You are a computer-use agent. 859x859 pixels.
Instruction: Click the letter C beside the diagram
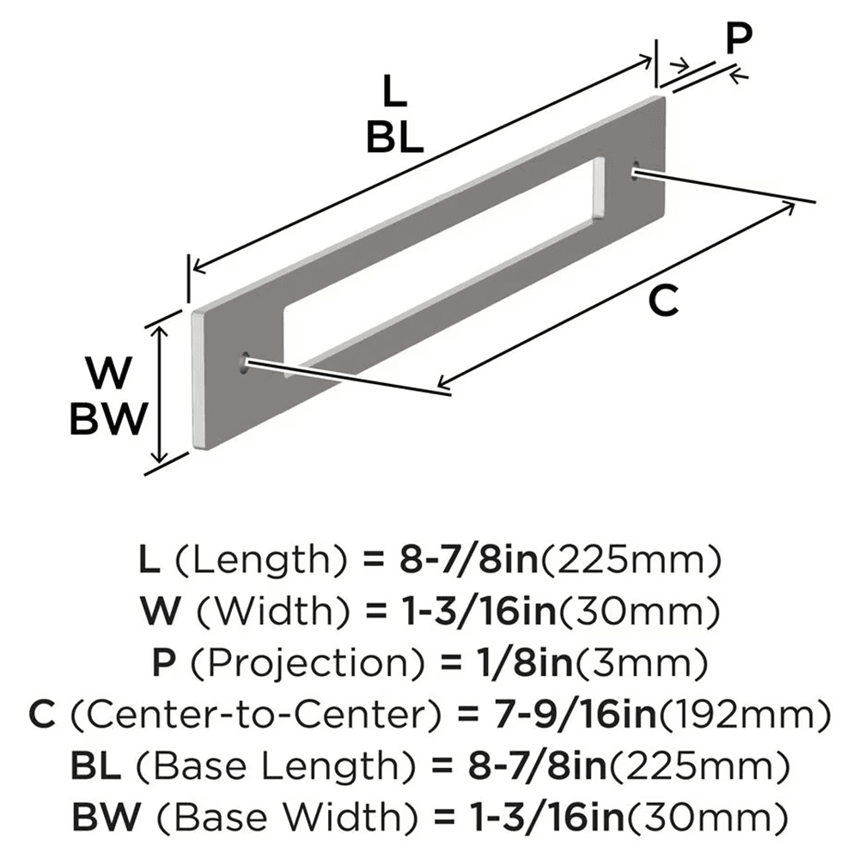point(663,301)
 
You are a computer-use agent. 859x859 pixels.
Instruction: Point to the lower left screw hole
point(247,362)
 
